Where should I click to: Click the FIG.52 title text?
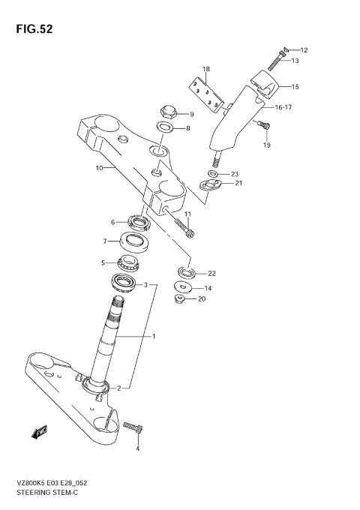32,29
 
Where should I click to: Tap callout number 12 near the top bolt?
304,50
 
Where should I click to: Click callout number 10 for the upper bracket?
98,169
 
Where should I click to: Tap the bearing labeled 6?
139,221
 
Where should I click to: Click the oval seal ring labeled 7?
135,241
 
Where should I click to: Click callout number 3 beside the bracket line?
147,285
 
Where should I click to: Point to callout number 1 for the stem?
154,336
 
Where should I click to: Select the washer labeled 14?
181,287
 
